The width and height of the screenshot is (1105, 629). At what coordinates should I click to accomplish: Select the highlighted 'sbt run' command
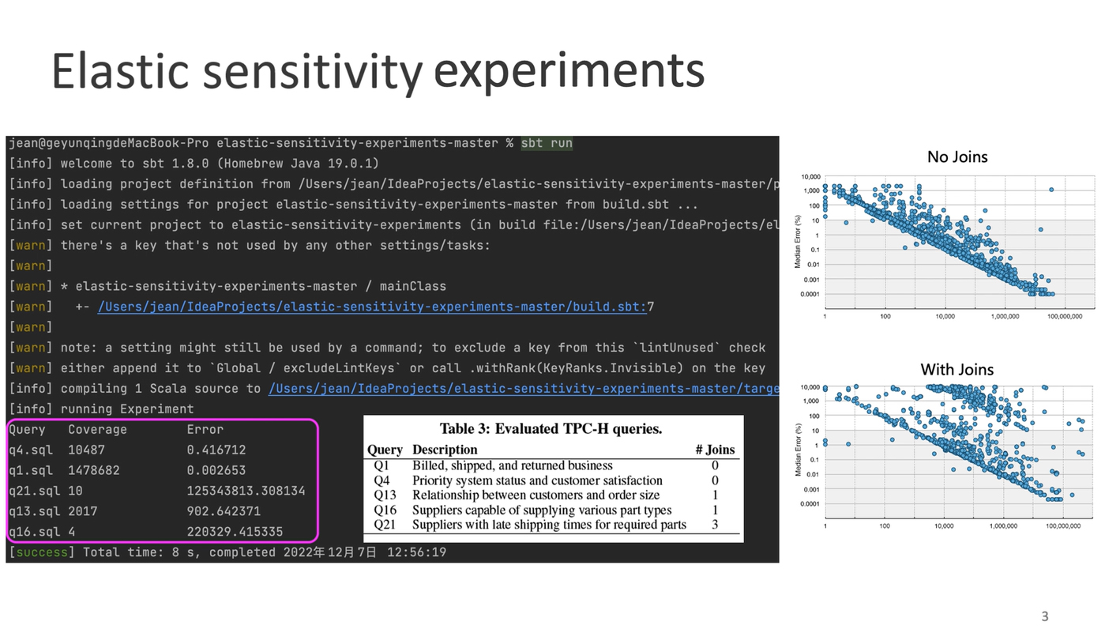pos(547,143)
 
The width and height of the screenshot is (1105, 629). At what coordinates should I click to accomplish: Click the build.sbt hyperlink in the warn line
pos(372,307)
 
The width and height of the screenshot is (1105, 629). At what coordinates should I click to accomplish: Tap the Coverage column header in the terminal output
pos(97,430)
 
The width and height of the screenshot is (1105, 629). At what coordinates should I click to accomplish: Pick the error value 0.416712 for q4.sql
pos(216,450)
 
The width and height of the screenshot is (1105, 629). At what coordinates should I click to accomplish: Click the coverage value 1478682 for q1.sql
pos(94,471)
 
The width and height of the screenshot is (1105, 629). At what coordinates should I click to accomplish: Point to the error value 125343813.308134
pos(246,491)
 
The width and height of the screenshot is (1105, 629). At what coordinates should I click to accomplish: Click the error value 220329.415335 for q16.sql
pos(235,532)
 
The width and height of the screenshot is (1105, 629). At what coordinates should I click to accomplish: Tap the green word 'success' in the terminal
pos(42,552)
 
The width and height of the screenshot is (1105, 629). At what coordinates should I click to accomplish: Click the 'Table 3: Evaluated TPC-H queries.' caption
pos(551,429)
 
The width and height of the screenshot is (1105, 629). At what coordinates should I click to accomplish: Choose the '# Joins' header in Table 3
pos(715,450)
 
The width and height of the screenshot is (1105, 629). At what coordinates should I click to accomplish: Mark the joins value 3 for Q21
pos(715,525)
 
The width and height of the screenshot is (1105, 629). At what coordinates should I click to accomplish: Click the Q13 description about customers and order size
pos(536,495)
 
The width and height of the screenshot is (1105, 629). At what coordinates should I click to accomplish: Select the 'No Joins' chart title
pos(957,157)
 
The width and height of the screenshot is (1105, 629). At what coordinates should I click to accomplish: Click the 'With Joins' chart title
pos(957,370)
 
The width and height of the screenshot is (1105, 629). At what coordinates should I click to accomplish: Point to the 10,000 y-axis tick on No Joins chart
pos(810,177)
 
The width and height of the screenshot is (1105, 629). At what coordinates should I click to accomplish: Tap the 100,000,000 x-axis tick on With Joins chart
pos(1063,526)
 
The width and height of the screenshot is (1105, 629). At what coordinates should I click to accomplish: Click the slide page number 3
pos(1045,616)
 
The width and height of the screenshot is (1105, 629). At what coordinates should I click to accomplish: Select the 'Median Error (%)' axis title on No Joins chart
pos(798,242)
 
